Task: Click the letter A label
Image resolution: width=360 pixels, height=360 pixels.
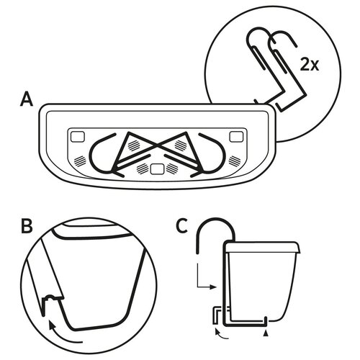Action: tap(27, 99)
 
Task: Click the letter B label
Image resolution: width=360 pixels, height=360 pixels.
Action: tap(27, 226)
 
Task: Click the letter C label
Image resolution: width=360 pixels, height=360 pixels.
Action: tap(182, 226)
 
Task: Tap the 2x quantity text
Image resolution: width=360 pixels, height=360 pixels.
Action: tap(310, 65)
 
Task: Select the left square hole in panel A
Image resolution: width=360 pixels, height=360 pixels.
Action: tap(78, 137)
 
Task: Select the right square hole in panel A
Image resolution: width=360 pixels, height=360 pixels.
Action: tap(236, 137)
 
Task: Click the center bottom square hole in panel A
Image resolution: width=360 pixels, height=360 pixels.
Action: tap(157, 168)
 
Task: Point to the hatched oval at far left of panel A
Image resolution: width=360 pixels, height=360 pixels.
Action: tap(80, 161)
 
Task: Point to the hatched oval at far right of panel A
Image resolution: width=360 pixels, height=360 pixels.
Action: tap(235, 161)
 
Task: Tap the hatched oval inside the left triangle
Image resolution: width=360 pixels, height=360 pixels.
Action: tap(134, 145)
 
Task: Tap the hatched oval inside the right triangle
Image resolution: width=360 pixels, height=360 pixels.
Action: tap(181, 145)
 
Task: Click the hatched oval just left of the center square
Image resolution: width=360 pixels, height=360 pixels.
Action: tap(143, 168)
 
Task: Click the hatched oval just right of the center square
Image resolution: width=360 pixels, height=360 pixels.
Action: tap(172, 168)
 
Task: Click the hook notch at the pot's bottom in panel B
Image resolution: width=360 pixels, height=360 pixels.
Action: tap(52, 300)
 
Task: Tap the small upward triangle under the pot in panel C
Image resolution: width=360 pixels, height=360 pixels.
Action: tap(266, 333)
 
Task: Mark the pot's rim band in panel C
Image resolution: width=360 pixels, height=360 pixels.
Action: tap(261, 248)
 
